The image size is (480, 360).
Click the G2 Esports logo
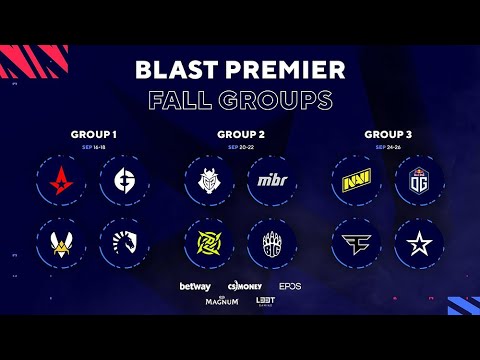(x=209, y=181)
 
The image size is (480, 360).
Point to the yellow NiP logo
(x=209, y=240)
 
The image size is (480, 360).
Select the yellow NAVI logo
(x=356, y=181)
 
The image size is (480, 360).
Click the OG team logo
(x=416, y=181)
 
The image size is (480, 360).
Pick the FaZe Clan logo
(x=356, y=240)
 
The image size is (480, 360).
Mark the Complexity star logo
(x=416, y=240)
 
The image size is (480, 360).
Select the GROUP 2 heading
(x=239, y=134)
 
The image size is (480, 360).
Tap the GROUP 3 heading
(x=386, y=134)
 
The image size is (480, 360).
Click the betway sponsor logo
(x=194, y=286)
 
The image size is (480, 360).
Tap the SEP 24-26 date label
(x=386, y=146)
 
